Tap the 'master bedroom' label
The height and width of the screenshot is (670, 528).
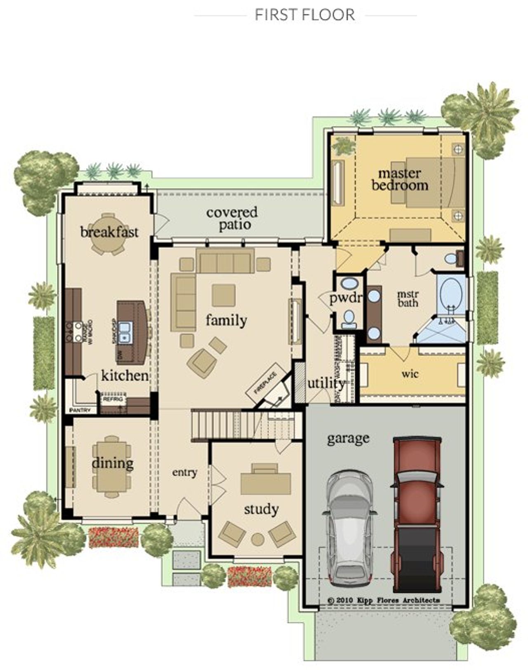coord(399,179)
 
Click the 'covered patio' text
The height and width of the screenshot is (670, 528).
coord(232,218)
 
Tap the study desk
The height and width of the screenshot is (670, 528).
coord(265,482)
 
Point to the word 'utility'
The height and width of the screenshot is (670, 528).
coord(326,383)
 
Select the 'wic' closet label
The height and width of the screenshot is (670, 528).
coord(410,374)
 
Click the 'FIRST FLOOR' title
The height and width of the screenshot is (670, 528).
coord(305,15)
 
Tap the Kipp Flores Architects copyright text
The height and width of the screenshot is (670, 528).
coord(384,600)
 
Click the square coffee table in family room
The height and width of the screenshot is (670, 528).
coord(224,295)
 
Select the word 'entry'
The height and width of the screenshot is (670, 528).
coord(184,472)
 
